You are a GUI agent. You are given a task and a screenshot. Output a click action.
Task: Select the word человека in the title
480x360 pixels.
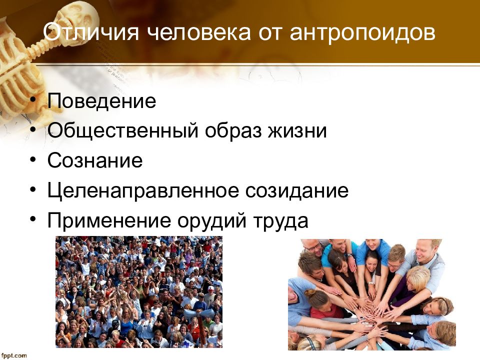[x=199, y=32]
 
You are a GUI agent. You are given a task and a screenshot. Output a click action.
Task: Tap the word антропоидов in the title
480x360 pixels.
[x=362, y=33]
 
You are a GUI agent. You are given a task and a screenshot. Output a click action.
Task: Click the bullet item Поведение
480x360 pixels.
[x=101, y=100]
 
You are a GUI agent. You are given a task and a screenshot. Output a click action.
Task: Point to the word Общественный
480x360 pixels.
[x=123, y=130]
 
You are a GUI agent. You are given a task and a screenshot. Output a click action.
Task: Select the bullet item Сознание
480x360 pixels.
[x=95, y=160]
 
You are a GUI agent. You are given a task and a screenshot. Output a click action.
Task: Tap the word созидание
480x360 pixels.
[x=297, y=190]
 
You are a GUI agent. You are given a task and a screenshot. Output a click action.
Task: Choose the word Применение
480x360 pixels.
[x=109, y=220]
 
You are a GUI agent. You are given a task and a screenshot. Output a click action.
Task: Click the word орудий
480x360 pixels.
[x=212, y=220]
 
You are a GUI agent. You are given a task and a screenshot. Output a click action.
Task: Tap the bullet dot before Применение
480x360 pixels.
[x=33, y=219]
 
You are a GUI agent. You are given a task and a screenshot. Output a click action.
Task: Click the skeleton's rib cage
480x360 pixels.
[x=18, y=79]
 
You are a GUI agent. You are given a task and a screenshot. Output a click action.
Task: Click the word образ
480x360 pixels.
[x=233, y=130]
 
